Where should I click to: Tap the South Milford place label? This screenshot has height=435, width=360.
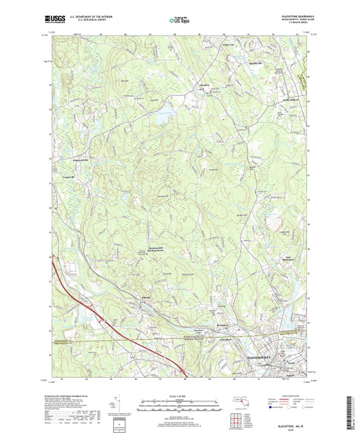pyautogui.click(x=290, y=99)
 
